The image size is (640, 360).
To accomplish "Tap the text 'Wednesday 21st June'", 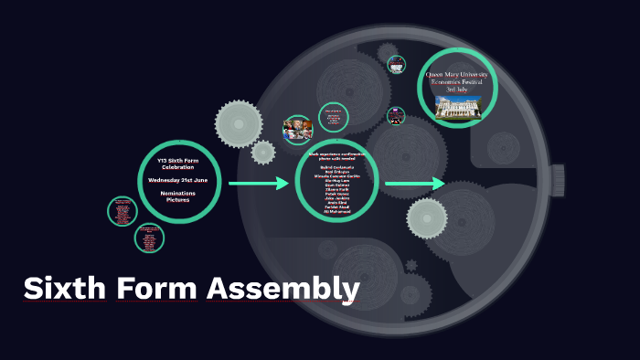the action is [x=178, y=180].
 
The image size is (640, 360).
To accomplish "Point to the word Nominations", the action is [x=178, y=193].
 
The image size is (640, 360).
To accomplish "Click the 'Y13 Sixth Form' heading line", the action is [x=178, y=161].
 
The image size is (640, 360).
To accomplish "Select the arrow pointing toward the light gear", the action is [x=413, y=185].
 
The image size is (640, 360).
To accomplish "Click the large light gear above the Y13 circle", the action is [x=239, y=123].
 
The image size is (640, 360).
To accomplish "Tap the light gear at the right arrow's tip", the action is [x=426, y=218].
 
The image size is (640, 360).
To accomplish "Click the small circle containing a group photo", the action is [x=298, y=128].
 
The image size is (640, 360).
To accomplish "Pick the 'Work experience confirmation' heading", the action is [x=336, y=157].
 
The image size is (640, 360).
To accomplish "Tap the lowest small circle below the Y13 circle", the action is [x=148, y=238].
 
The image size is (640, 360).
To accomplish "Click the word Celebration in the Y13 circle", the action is [x=178, y=167].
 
